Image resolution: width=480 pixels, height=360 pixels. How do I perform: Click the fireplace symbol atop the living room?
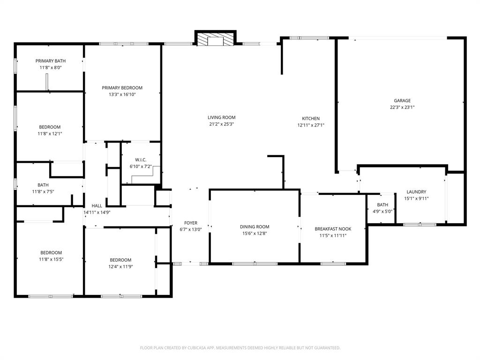(215, 39)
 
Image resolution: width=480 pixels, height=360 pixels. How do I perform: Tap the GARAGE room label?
(402, 100)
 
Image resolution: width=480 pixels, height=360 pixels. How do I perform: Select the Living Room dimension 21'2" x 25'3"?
(221, 124)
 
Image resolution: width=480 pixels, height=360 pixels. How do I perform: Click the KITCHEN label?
(310, 119)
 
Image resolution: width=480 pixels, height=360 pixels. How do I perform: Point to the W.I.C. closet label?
(141, 160)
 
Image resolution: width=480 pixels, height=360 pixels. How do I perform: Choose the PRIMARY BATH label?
(51, 61)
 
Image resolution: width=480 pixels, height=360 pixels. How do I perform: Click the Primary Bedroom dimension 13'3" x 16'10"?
(122, 94)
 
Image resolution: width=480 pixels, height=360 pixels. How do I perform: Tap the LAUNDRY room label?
(416, 192)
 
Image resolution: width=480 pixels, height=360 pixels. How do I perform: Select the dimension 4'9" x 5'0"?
(382, 211)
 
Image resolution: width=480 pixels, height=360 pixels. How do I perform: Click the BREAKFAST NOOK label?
(333, 229)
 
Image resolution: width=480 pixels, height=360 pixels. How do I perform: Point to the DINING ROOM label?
(255, 227)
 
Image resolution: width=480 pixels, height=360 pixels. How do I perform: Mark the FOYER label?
(191, 223)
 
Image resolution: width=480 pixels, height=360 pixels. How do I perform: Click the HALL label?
(97, 206)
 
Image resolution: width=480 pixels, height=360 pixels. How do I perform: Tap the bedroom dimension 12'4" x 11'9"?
(120, 266)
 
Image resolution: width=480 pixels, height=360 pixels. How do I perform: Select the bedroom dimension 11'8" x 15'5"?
(51, 259)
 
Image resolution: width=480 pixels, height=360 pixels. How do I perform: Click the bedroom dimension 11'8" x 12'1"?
(50, 133)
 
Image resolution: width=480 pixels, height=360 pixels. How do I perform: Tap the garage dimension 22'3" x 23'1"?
(402, 107)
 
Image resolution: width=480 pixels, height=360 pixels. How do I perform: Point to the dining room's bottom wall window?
(254, 263)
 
